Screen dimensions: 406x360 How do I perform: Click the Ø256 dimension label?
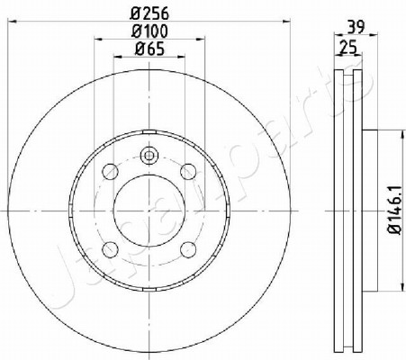point(149,13)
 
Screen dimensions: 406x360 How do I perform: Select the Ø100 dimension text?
point(149,31)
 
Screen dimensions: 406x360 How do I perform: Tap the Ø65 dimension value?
point(149,49)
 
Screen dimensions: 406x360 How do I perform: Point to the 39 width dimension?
point(356,27)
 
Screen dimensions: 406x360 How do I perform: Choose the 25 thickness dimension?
point(348,48)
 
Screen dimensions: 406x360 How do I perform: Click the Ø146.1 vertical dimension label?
point(394,210)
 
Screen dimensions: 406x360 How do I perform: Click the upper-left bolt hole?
point(110,172)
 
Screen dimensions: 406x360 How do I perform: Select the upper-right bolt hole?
point(188,172)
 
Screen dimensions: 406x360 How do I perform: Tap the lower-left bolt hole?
point(110,249)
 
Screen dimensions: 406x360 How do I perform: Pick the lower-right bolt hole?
point(188,249)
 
